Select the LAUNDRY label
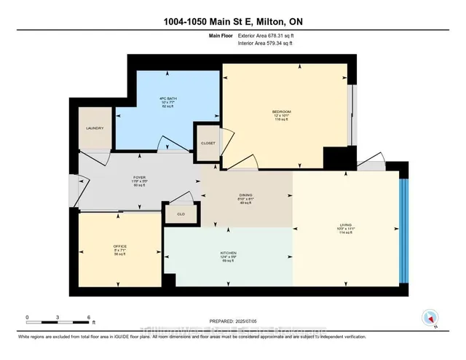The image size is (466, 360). coord(95,128)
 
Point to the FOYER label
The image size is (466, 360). coord(140,176)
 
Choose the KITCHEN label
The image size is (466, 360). coord(229,253)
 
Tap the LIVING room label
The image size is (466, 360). coord(347,224)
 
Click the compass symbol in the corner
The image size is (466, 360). coord(430,318)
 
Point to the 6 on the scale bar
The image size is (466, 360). coord(88,317)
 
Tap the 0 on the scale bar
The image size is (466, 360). coord(27,317)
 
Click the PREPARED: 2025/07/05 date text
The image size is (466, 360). coord(233,321)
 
